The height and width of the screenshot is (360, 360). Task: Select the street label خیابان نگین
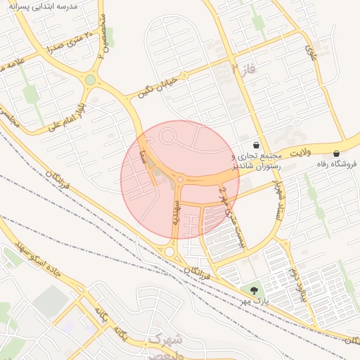click(162, 85)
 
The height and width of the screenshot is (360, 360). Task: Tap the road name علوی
click(311, 49)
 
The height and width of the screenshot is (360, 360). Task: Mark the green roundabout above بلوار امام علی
click(90, 80)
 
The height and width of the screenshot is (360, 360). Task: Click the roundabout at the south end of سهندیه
click(169, 251)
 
